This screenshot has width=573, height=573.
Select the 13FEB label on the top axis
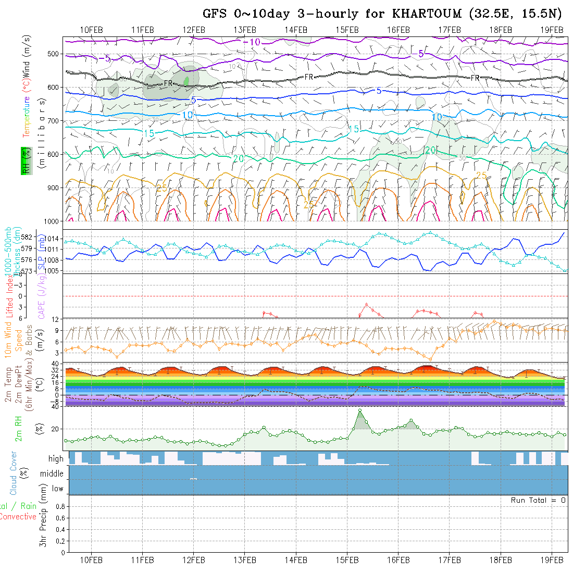click(x=245, y=29)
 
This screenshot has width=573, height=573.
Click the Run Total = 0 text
click(x=538, y=500)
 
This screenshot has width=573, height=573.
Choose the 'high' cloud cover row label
click(x=56, y=459)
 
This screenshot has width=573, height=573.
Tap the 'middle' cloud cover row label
click(x=52, y=474)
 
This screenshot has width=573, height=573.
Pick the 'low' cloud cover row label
click(x=57, y=489)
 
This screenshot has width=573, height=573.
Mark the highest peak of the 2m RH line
click(x=360, y=410)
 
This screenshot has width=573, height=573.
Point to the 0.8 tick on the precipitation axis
click(x=59, y=506)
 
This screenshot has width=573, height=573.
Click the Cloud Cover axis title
click(x=14, y=473)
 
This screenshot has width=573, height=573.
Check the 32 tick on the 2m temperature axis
click(x=60, y=370)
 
